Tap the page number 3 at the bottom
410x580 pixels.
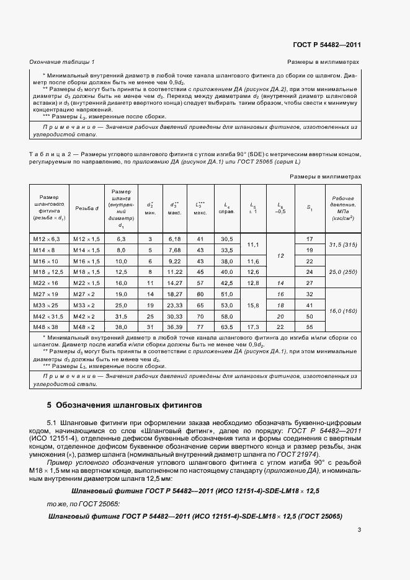(359, 529)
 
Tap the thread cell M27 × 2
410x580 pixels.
(84, 293)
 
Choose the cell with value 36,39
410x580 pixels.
(174, 327)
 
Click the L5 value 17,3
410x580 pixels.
(252, 327)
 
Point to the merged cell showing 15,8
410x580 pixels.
(252, 305)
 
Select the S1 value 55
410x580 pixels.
(310, 327)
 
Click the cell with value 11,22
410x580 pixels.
(174, 271)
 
